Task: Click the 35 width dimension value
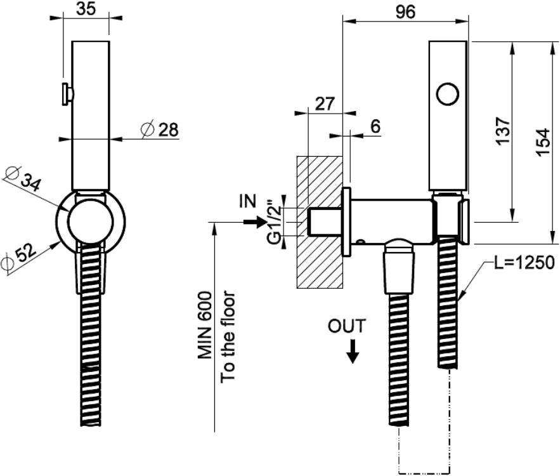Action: coord(86,8)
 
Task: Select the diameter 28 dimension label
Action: coord(160,129)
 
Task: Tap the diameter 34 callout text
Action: coord(22,178)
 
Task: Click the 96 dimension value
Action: coord(406,12)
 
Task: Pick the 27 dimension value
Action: coord(325,104)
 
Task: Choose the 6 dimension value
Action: coord(375,126)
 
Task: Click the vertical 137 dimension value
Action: coord(503,131)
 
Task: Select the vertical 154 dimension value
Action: coord(543,142)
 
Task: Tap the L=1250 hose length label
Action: coord(524,263)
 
